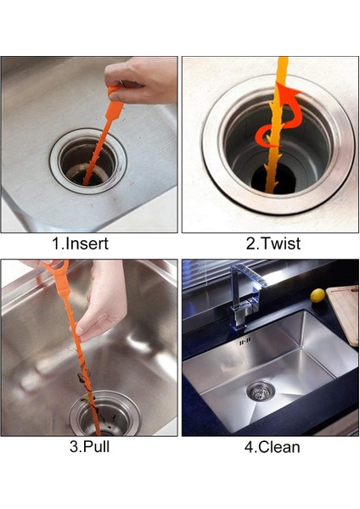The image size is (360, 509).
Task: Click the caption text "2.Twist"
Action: click(273, 243)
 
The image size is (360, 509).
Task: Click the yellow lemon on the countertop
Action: click(318, 295)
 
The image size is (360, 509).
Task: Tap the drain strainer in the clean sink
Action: click(261, 391)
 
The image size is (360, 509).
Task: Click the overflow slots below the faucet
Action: click(244, 342)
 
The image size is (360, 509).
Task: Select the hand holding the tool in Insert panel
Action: click(144, 79)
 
